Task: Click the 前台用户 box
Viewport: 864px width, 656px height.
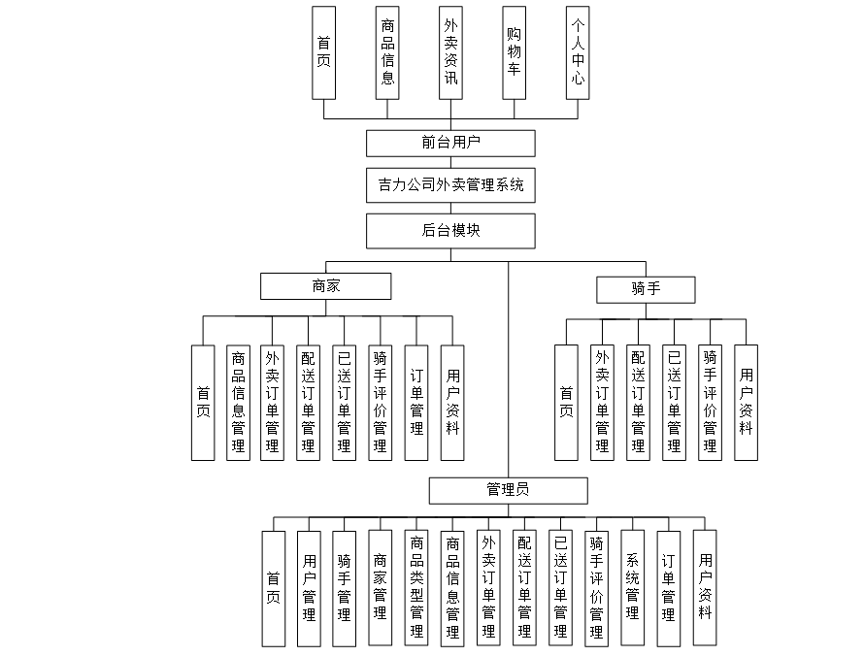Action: (450, 143)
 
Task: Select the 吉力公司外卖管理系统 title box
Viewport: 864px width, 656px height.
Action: (450, 184)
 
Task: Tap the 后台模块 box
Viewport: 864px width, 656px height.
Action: (450, 231)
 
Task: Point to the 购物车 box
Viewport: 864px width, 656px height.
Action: (515, 52)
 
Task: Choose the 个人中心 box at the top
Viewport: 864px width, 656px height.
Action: (578, 52)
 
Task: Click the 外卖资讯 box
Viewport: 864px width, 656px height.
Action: (450, 52)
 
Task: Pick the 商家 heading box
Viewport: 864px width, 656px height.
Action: (325, 286)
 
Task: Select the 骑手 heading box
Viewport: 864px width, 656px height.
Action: (646, 288)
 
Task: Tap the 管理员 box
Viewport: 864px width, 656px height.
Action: (508, 490)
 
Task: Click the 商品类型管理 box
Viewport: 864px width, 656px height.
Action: (416, 588)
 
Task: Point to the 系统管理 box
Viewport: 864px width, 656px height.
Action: (632, 588)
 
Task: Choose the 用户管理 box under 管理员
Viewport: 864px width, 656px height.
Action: (309, 588)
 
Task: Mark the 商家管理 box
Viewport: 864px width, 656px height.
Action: (381, 588)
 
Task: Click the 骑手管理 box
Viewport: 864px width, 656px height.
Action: (345, 588)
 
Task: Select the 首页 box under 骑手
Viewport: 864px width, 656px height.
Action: (566, 402)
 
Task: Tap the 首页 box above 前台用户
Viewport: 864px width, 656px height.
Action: (323, 52)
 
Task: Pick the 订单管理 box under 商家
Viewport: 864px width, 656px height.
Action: (416, 402)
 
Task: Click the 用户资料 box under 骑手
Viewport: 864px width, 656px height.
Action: (746, 402)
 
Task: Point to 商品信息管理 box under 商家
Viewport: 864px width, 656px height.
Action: (238, 402)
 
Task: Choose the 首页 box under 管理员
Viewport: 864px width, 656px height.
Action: (273, 588)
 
